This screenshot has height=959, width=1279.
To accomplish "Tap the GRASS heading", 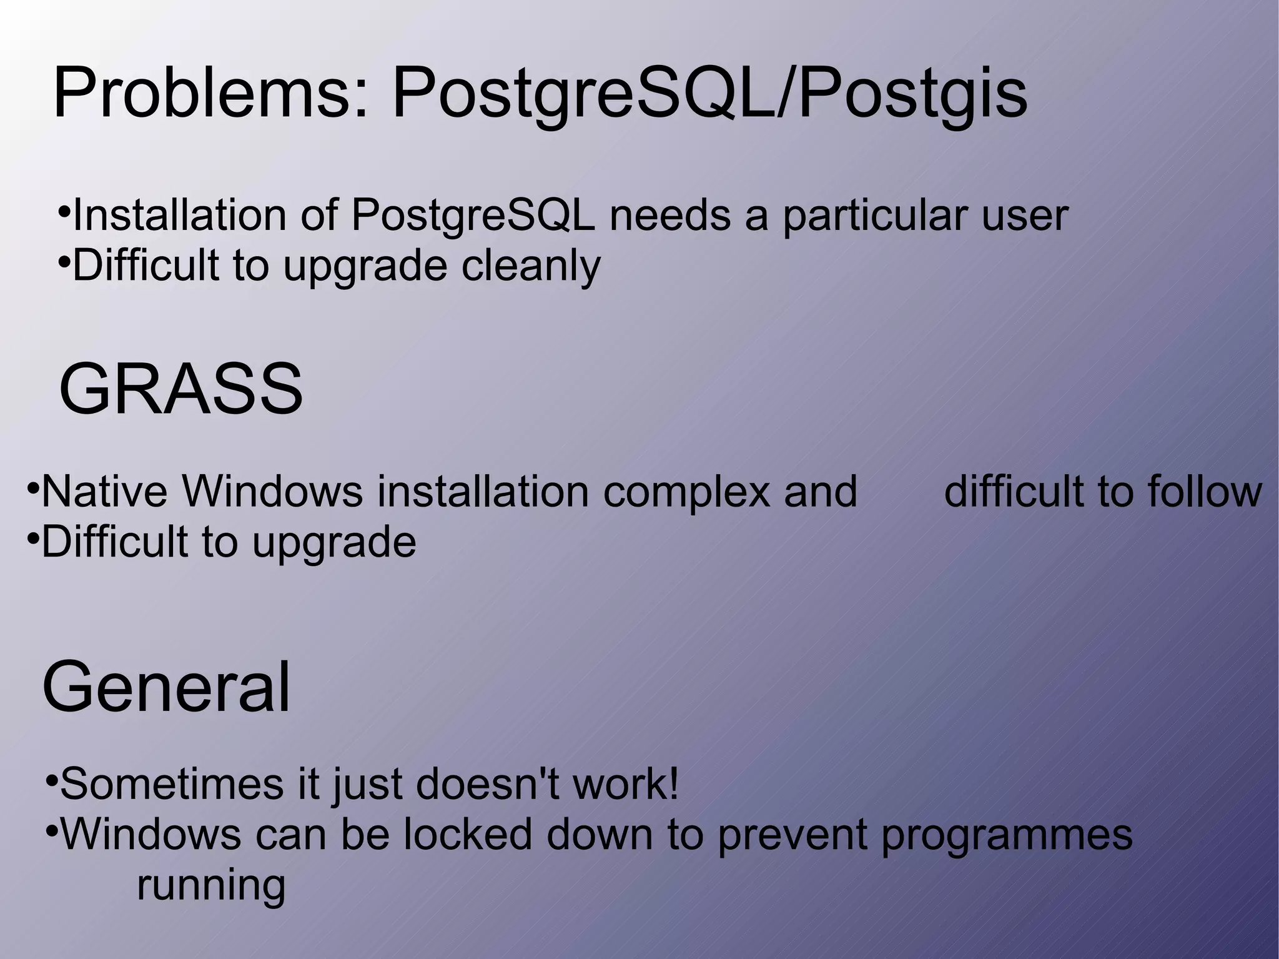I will pos(180,389).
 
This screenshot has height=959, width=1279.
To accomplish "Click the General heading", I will pos(166,688).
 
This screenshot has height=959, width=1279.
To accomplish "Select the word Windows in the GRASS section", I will pos(272,492).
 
